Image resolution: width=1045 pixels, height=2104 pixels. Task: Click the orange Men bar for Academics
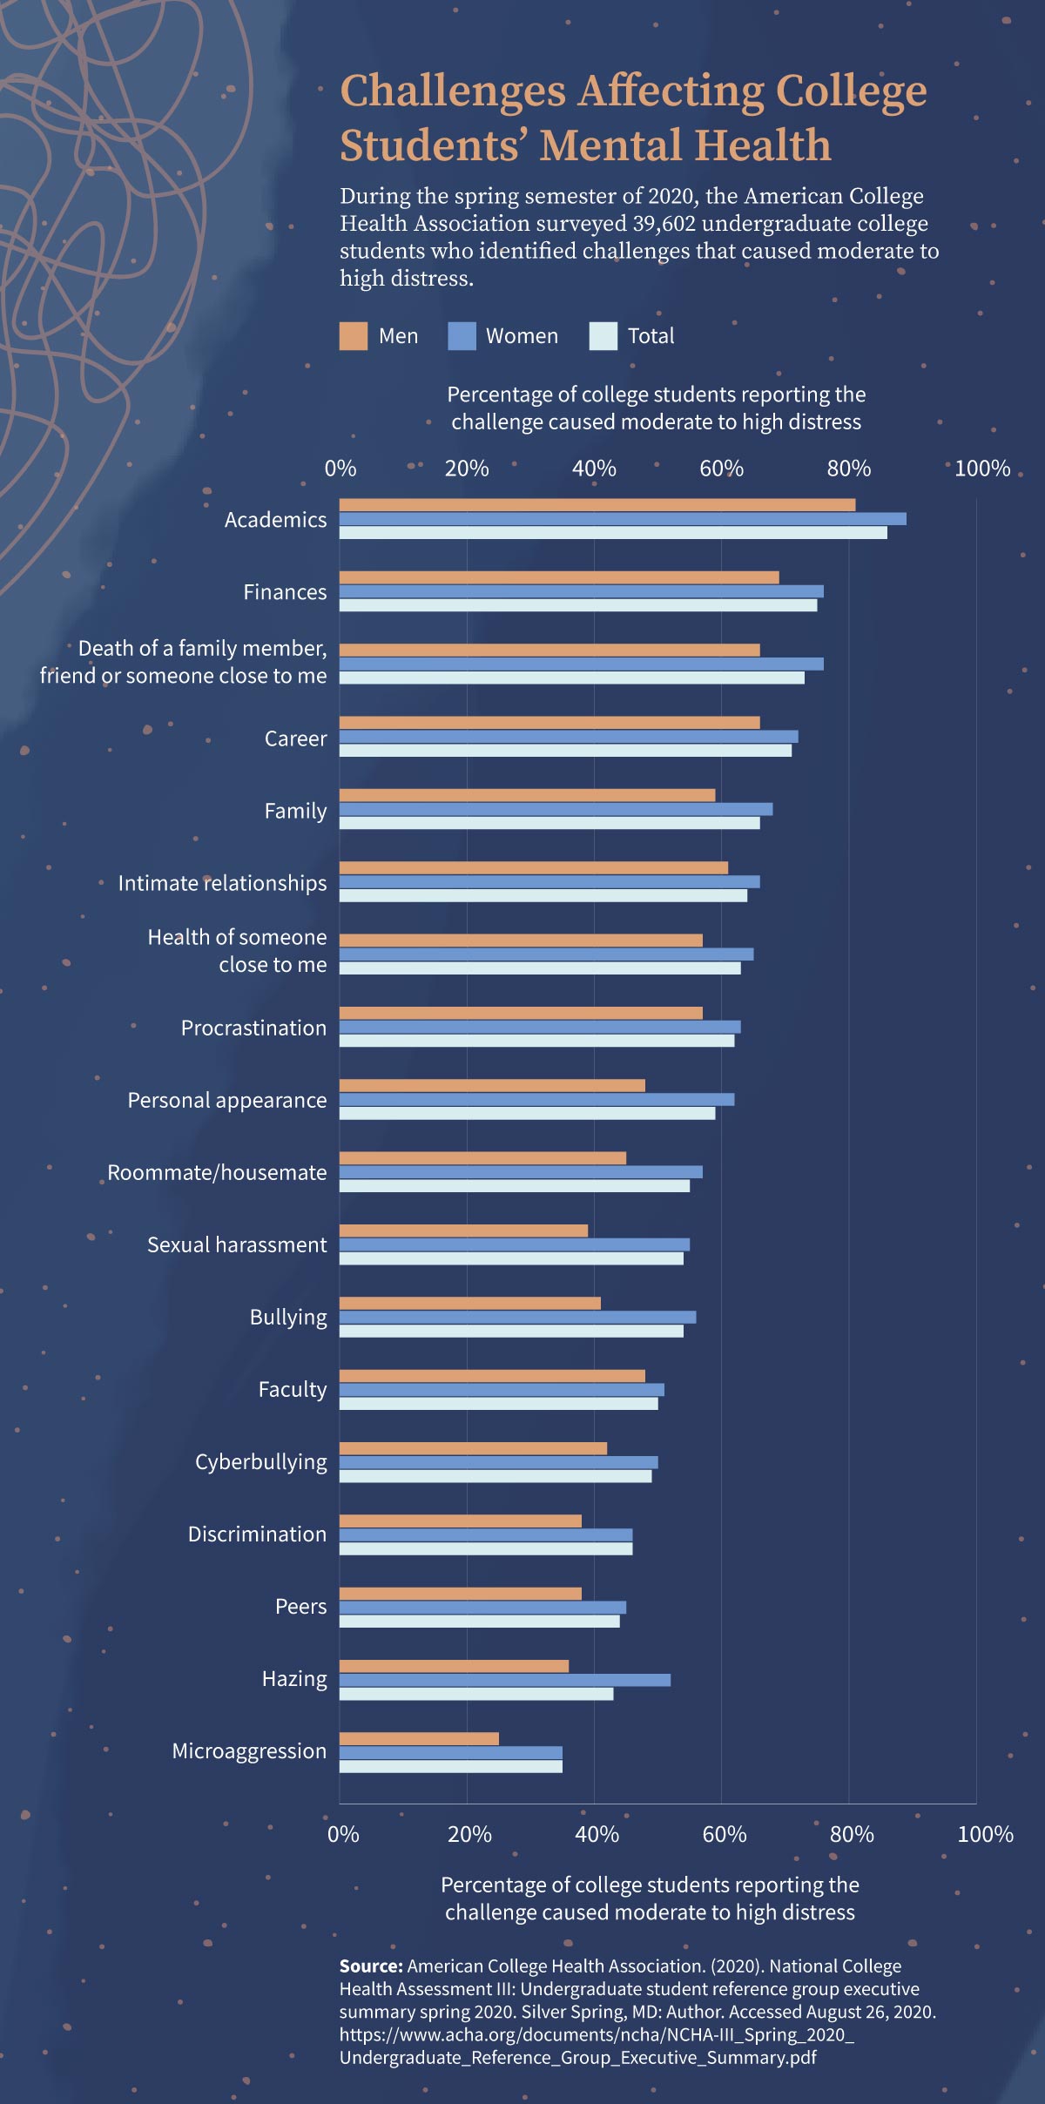pos(597,505)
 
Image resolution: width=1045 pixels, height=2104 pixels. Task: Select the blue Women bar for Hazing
pos(505,1680)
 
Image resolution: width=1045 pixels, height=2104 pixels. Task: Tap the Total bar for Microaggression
pos(451,1766)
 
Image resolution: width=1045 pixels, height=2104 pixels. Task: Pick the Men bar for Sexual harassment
pos(463,1231)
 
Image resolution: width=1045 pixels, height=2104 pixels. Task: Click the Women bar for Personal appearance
pos(536,1099)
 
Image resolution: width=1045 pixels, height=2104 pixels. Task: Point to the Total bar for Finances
pos(578,605)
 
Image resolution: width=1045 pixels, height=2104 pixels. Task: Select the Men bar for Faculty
pos(492,1376)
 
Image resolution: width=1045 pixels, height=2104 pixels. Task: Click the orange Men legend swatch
pos(354,336)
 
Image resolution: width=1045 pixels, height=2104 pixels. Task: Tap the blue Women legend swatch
pos(462,336)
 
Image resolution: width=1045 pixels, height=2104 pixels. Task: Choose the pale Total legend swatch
pos(603,336)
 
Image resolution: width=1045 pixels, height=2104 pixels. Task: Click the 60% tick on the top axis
pos(722,469)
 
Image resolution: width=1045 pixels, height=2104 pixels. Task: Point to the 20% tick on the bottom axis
pos(470,1834)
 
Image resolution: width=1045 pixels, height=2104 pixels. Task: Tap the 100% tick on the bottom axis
pos(985,1834)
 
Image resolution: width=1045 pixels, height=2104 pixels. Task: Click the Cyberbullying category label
pos(261,1462)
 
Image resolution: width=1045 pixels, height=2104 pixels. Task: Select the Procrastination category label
pos(253,1028)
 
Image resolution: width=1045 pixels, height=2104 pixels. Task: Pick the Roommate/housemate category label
pos(217,1173)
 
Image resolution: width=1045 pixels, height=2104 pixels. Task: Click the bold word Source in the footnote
pos(371,1966)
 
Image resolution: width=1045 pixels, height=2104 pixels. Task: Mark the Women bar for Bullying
pos(517,1317)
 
